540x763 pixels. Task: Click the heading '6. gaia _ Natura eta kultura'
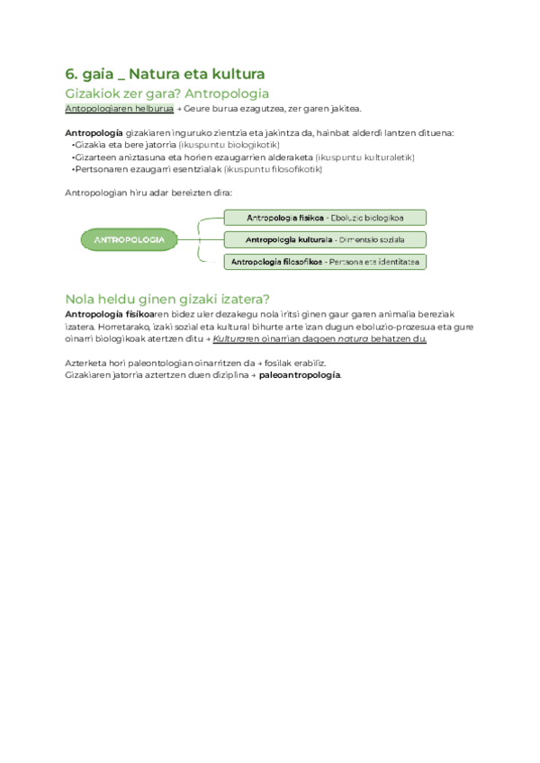point(165,74)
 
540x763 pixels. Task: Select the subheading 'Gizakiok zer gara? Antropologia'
point(167,94)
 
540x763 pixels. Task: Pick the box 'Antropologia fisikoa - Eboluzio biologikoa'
point(324,218)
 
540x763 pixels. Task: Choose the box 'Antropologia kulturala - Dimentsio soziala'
point(324,240)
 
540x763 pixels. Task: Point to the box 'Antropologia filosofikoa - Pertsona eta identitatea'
point(324,262)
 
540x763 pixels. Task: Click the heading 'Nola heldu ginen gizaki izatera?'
point(167,300)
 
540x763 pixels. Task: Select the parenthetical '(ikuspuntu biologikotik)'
point(229,145)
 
